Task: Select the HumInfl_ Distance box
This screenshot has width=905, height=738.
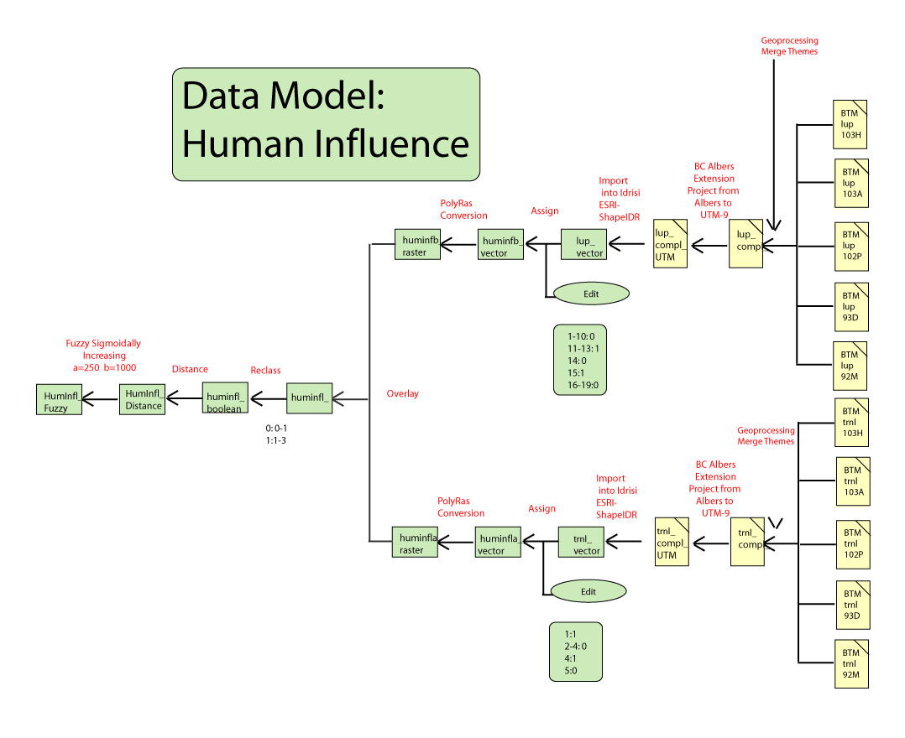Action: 142,399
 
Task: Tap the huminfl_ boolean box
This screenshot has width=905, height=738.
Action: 224,400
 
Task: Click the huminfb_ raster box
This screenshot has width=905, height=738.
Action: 417,244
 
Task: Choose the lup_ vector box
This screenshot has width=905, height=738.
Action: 583,244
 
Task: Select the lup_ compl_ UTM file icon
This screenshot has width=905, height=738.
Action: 670,244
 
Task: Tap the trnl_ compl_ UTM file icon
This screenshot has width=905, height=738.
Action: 672,542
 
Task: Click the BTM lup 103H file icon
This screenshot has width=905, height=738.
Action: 850,122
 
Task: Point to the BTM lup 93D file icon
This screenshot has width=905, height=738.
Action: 850,307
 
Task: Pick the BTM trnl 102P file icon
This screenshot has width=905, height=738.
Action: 851,543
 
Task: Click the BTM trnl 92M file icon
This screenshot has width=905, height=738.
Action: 850,663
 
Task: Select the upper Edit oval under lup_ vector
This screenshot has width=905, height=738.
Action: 591,293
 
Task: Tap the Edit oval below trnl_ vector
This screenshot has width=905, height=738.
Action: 588,591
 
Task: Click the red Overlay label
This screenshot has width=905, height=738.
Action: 403,393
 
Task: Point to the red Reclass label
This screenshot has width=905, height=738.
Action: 265,370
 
